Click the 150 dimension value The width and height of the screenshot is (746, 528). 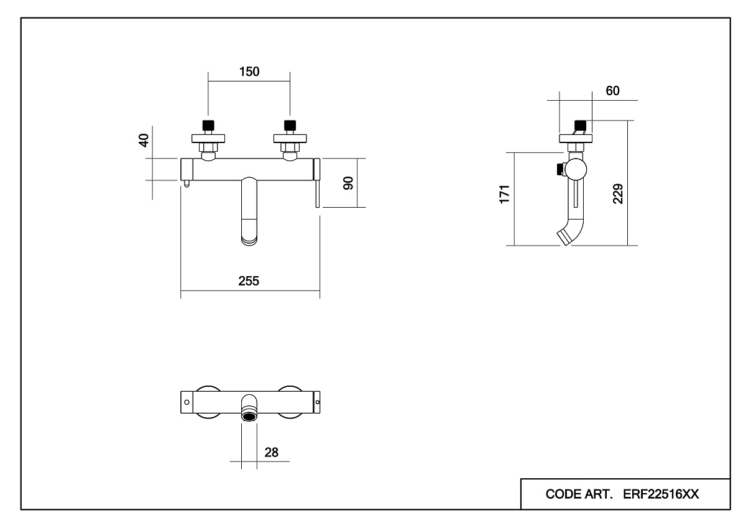[249, 72]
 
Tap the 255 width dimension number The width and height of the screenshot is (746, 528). [249, 281]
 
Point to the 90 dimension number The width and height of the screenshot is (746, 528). [349, 183]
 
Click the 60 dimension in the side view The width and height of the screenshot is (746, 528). [612, 91]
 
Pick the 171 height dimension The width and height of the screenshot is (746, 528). [505, 193]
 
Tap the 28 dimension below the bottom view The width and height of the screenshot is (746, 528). [271, 452]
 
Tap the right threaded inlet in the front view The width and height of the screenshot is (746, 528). [288, 125]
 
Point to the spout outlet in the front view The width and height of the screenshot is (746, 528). [249, 239]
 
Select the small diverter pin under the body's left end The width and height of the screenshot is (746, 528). [186, 184]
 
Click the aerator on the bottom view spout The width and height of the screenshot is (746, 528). [249, 415]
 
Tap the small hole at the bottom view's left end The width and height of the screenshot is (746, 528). [185, 402]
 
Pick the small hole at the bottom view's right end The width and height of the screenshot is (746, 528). [318, 402]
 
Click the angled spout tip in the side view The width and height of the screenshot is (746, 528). [564, 237]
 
